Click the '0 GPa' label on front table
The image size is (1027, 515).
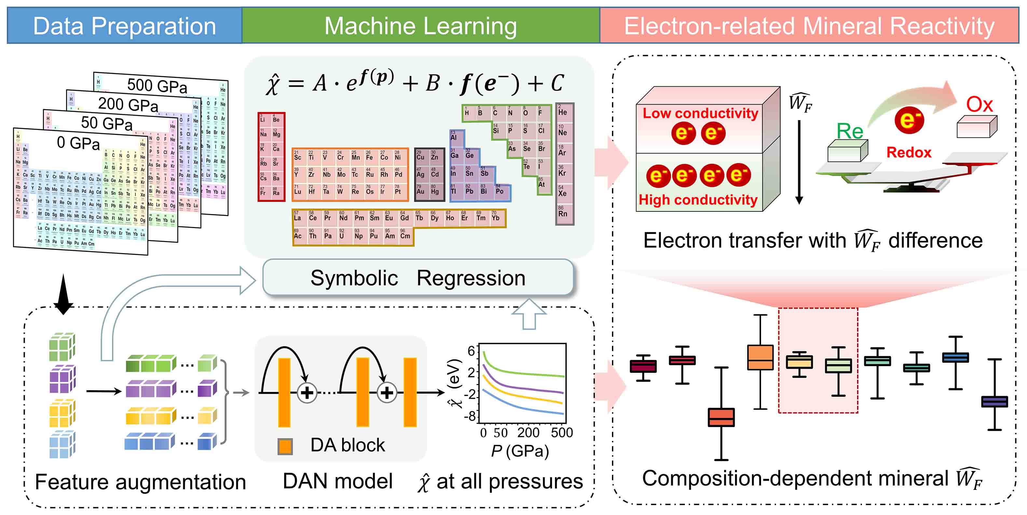coord(78,143)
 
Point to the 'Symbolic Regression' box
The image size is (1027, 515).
coord(418,278)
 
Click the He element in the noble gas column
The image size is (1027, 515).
coord(562,112)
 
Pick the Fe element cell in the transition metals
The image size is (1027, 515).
coord(369,156)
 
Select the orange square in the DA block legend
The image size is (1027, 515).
coord(285,446)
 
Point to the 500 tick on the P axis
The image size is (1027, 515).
coord(562,433)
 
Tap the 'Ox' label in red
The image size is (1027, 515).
coord(979,105)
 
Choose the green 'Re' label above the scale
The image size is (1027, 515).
coord(850,131)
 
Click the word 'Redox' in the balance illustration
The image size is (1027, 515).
coord(909,152)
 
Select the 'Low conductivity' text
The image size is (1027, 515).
coord(700,113)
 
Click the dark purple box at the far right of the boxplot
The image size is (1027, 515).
coord(994,401)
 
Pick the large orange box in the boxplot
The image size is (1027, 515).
coord(760,357)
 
